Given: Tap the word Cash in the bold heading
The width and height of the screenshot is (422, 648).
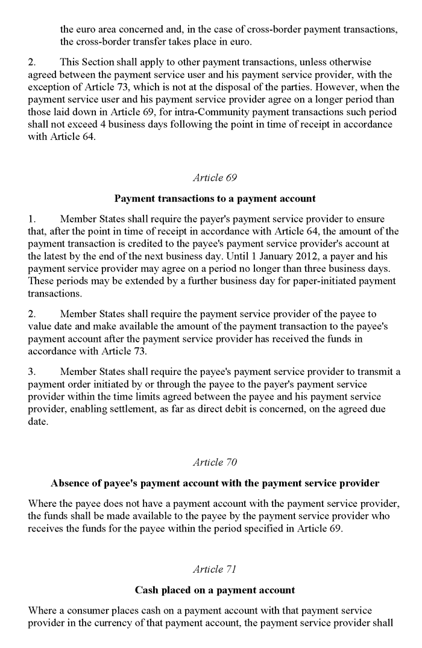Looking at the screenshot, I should [x=146, y=590].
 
